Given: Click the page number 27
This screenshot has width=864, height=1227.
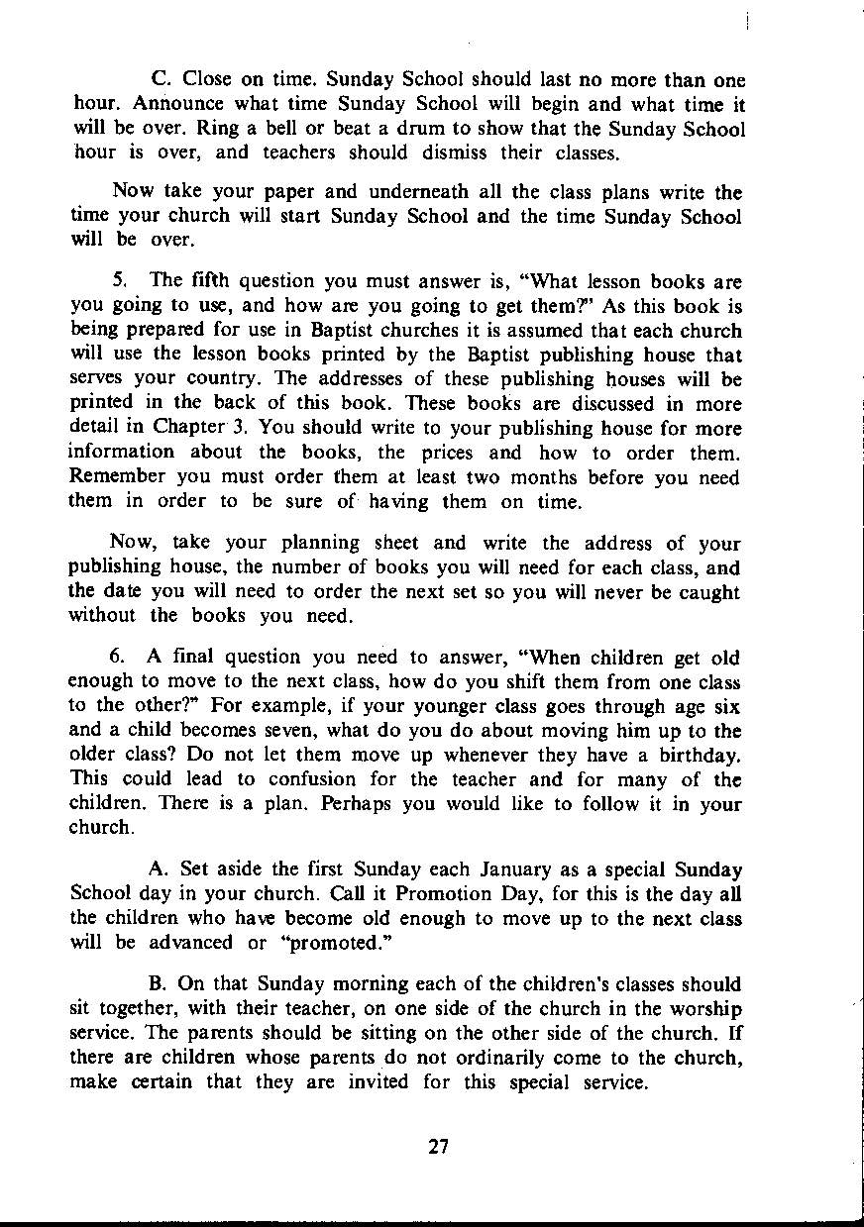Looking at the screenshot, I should [439, 1147].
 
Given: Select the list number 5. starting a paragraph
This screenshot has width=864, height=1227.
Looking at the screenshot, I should [119, 281].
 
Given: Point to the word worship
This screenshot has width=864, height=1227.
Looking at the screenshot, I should [704, 1008].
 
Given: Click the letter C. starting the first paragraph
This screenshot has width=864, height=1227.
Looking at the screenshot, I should [159, 79].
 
